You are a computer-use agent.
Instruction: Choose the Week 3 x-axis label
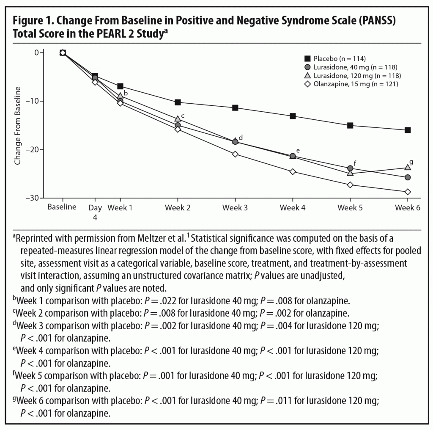pyautogui.click(x=235, y=208)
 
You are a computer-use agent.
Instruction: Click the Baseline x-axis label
pyautogui.click(x=62, y=207)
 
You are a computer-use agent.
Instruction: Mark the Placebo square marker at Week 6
pyautogui.click(x=408, y=130)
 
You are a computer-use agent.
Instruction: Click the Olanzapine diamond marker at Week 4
pyautogui.click(x=293, y=171)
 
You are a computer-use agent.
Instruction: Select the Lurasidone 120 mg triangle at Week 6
pyautogui.click(x=408, y=167)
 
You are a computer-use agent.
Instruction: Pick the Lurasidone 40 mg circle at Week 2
pyautogui.click(x=178, y=125)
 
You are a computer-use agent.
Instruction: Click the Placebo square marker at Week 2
pyautogui.click(x=178, y=102)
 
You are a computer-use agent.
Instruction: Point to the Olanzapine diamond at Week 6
pyautogui.click(x=408, y=192)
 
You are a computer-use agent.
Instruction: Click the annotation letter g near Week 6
pyautogui.click(x=411, y=162)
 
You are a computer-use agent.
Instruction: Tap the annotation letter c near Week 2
pyautogui.click(x=183, y=116)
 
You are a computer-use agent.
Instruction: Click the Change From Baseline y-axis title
pyautogui.click(x=18, y=125)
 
